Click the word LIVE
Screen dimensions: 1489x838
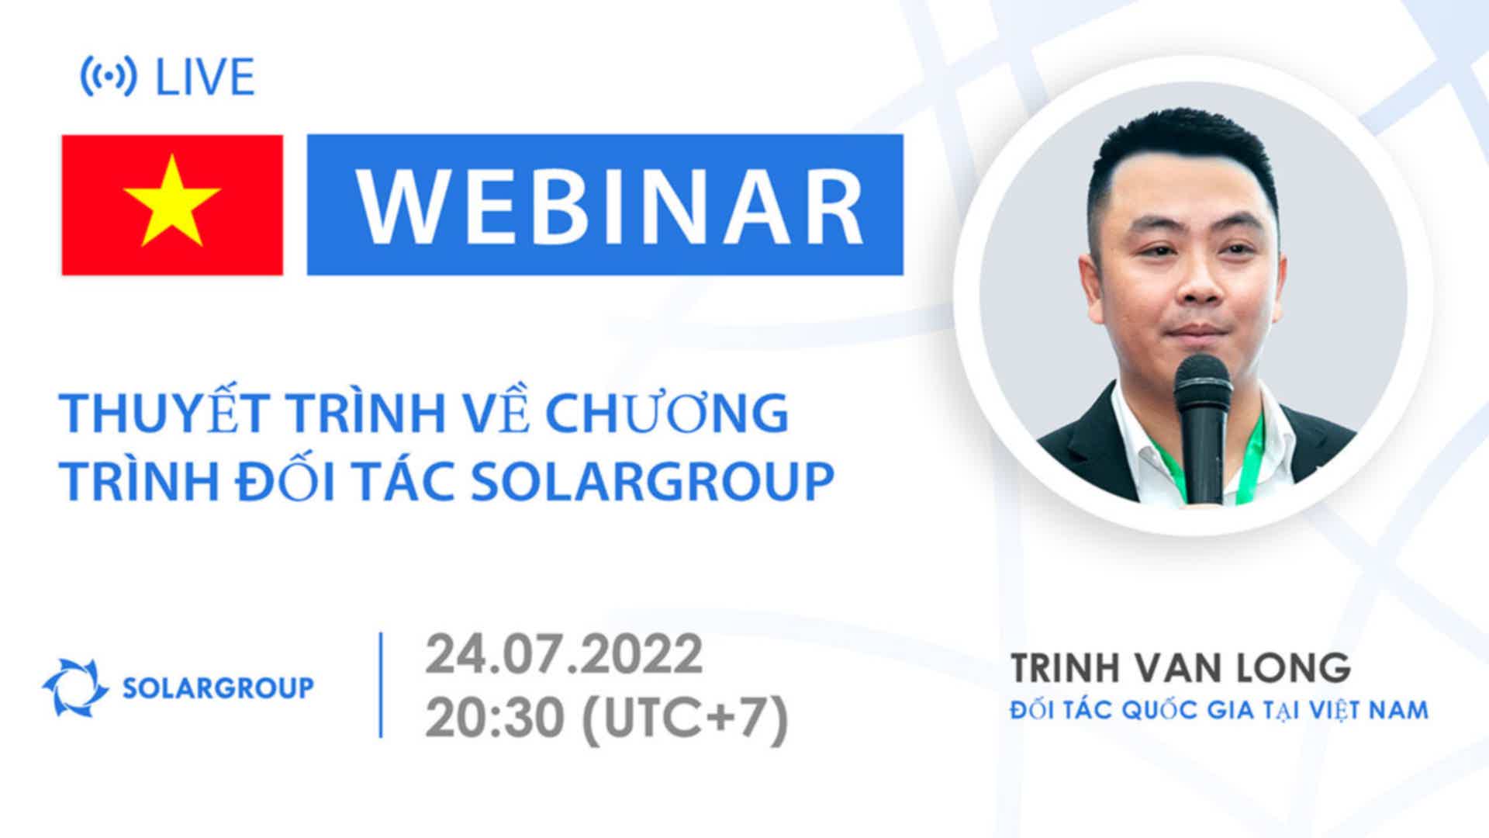click(206, 77)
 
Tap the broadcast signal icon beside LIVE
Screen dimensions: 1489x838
click(109, 77)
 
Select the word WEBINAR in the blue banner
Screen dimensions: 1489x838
click(610, 206)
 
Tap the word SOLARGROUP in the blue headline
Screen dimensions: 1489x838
click(652, 481)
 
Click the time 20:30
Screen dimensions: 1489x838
click(494, 719)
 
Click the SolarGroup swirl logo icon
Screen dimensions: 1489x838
click(75, 687)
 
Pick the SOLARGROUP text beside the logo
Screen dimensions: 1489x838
click(219, 687)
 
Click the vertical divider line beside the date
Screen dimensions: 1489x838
click(381, 685)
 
